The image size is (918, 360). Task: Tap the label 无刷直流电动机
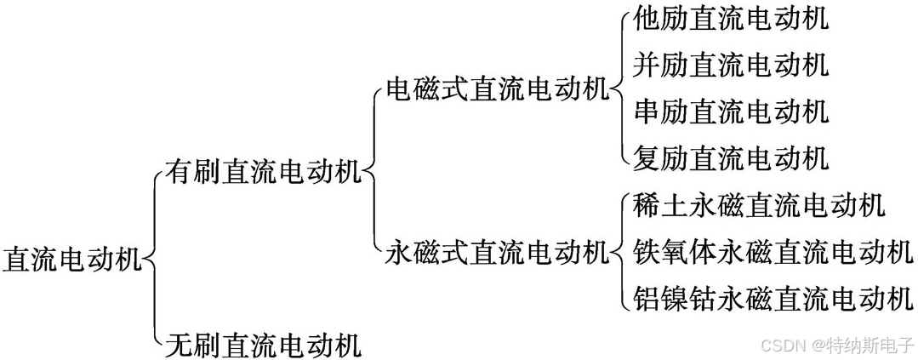[x=263, y=345]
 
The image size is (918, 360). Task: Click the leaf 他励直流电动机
[x=731, y=19]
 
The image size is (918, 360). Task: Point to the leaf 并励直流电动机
[x=731, y=65]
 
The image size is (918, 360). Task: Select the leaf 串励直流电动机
[x=731, y=111]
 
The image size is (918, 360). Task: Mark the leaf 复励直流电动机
[x=731, y=157]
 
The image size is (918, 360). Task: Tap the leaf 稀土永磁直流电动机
[x=760, y=205]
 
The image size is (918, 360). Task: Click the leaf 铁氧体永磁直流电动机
[x=773, y=252]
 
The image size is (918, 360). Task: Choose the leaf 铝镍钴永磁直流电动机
[x=773, y=299]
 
